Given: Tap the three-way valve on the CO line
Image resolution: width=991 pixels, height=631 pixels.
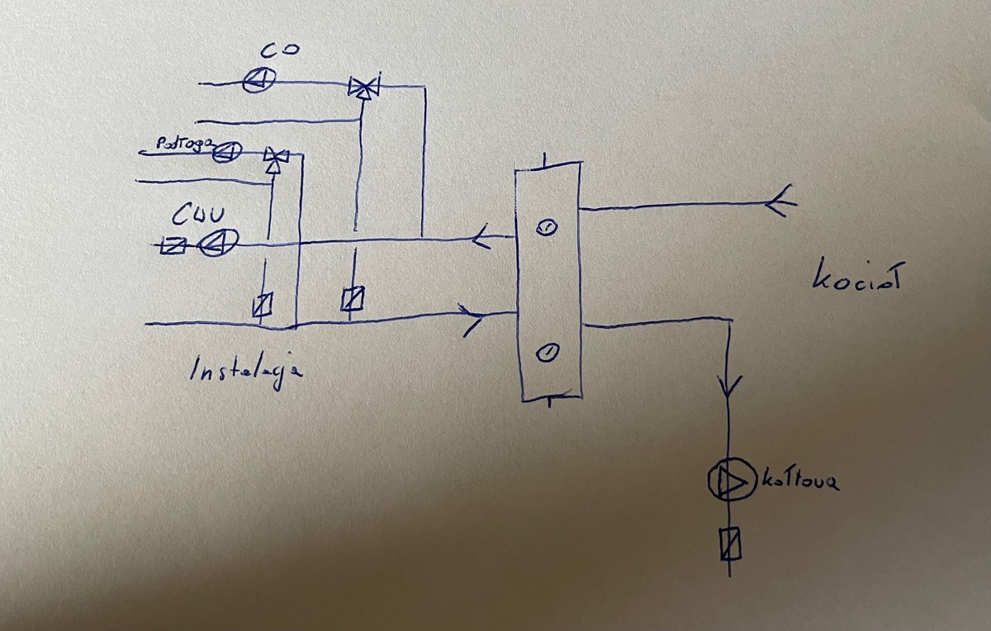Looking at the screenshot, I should click(x=361, y=87).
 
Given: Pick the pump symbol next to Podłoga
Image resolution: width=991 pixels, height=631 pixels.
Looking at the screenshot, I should click(x=226, y=151).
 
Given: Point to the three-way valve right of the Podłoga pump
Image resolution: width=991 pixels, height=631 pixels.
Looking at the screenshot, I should click(x=275, y=156).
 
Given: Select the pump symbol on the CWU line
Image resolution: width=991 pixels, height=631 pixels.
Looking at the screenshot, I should click(x=220, y=242).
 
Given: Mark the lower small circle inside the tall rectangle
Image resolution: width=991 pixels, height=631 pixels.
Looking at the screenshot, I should click(x=546, y=353).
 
